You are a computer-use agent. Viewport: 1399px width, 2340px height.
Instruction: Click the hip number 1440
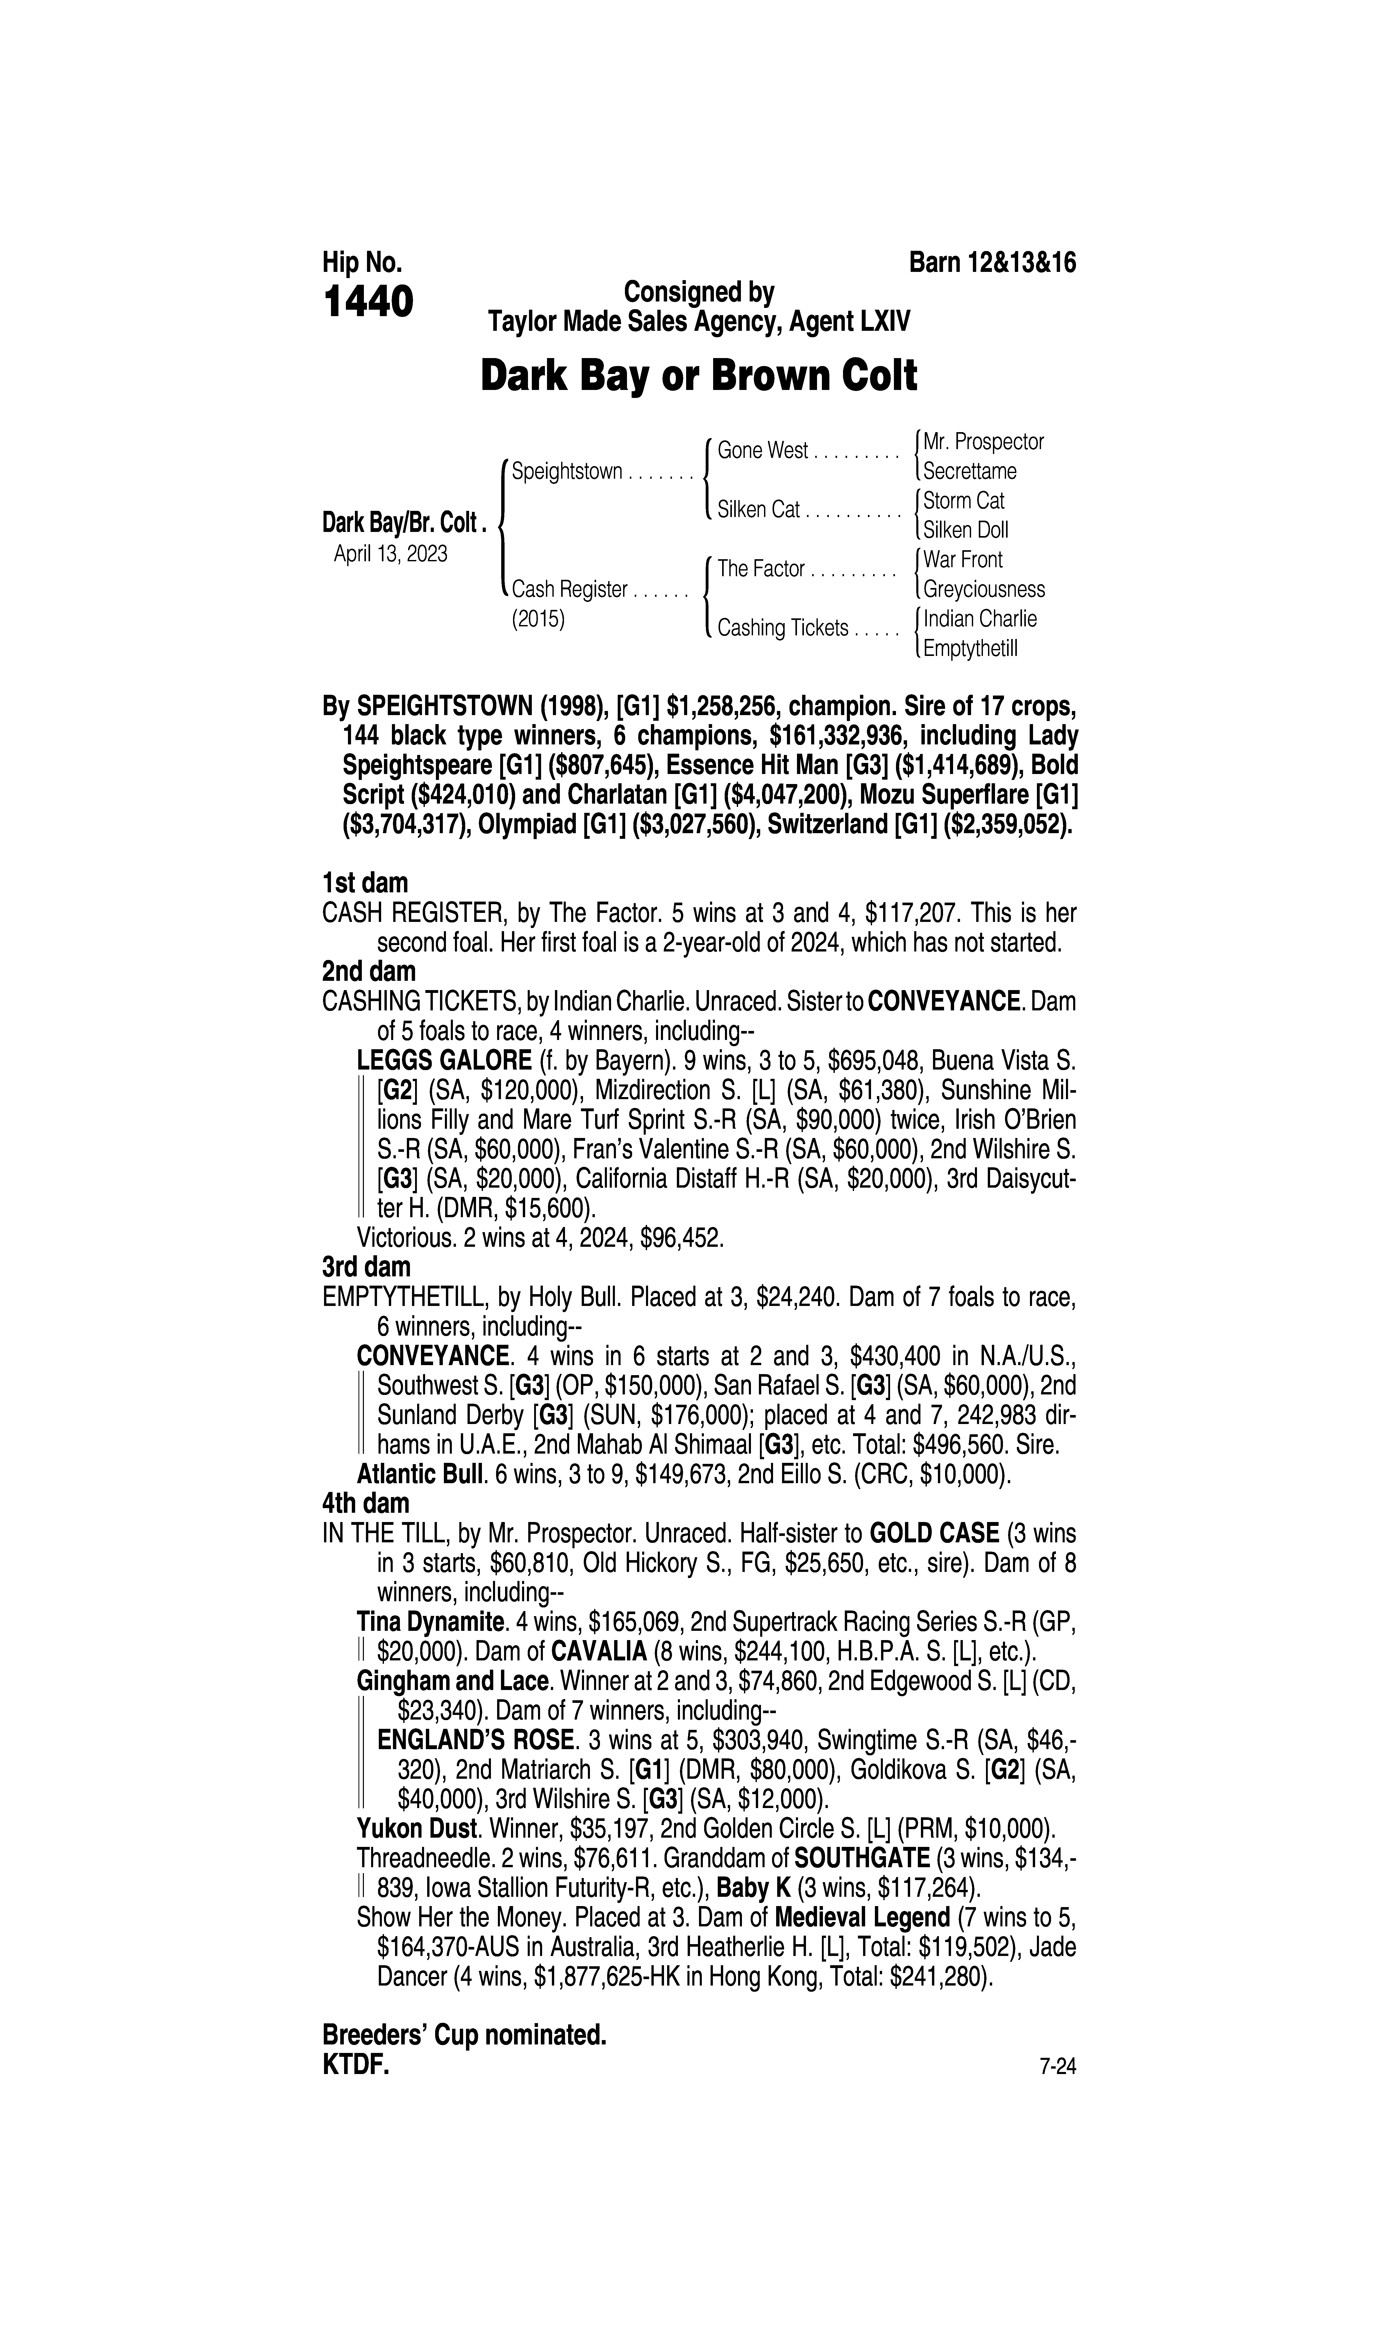[368, 303]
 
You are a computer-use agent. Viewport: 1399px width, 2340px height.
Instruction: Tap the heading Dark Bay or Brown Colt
[698, 376]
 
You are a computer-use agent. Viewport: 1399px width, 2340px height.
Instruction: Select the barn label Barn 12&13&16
[992, 263]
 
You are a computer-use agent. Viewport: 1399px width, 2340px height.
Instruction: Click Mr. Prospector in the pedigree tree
[983, 442]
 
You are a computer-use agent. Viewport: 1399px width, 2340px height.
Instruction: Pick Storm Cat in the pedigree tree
[963, 501]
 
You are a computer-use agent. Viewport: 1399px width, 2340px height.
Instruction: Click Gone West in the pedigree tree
[763, 451]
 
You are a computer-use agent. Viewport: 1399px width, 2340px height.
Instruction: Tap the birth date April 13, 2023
[390, 553]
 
